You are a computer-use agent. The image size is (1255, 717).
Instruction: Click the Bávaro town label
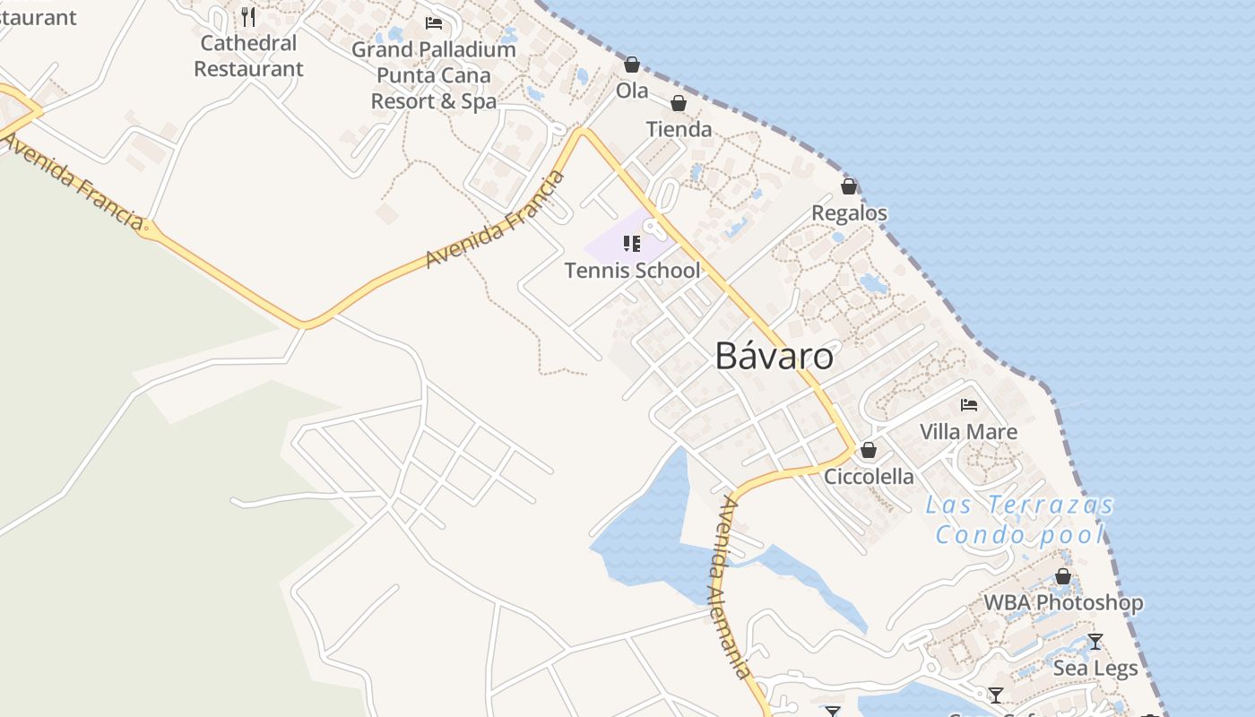(x=774, y=357)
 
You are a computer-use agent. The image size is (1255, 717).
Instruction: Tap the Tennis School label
(x=632, y=270)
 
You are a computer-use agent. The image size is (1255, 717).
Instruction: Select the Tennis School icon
(x=632, y=244)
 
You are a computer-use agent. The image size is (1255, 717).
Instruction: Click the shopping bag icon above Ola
(x=632, y=65)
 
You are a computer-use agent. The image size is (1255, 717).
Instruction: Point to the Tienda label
(x=679, y=129)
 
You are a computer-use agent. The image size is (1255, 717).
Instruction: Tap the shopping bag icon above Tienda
(x=679, y=103)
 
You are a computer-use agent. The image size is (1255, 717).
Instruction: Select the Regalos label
(x=849, y=213)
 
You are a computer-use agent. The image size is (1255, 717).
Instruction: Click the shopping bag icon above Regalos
(x=849, y=186)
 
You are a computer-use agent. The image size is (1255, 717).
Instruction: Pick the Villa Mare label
(x=968, y=432)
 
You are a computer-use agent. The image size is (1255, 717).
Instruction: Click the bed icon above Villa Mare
(x=969, y=405)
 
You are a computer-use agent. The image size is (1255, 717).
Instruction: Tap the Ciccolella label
(x=869, y=476)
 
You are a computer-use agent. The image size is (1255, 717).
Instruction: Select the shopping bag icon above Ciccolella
(x=869, y=450)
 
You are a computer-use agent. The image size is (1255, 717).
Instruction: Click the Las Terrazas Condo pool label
(x=1019, y=520)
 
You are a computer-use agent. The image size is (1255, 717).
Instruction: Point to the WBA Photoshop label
(x=1063, y=602)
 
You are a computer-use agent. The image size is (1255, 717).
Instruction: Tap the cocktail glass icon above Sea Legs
(x=1095, y=642)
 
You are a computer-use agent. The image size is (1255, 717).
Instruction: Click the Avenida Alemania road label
(x=732, y=587)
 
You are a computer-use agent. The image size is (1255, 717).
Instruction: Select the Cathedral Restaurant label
(x=248, y=56)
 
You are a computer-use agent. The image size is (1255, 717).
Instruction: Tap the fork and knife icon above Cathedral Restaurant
(x=248, y=17)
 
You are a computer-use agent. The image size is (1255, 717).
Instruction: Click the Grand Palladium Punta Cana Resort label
(x=434, y=75)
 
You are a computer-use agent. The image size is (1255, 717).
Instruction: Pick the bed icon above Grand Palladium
(x=434, y=23)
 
